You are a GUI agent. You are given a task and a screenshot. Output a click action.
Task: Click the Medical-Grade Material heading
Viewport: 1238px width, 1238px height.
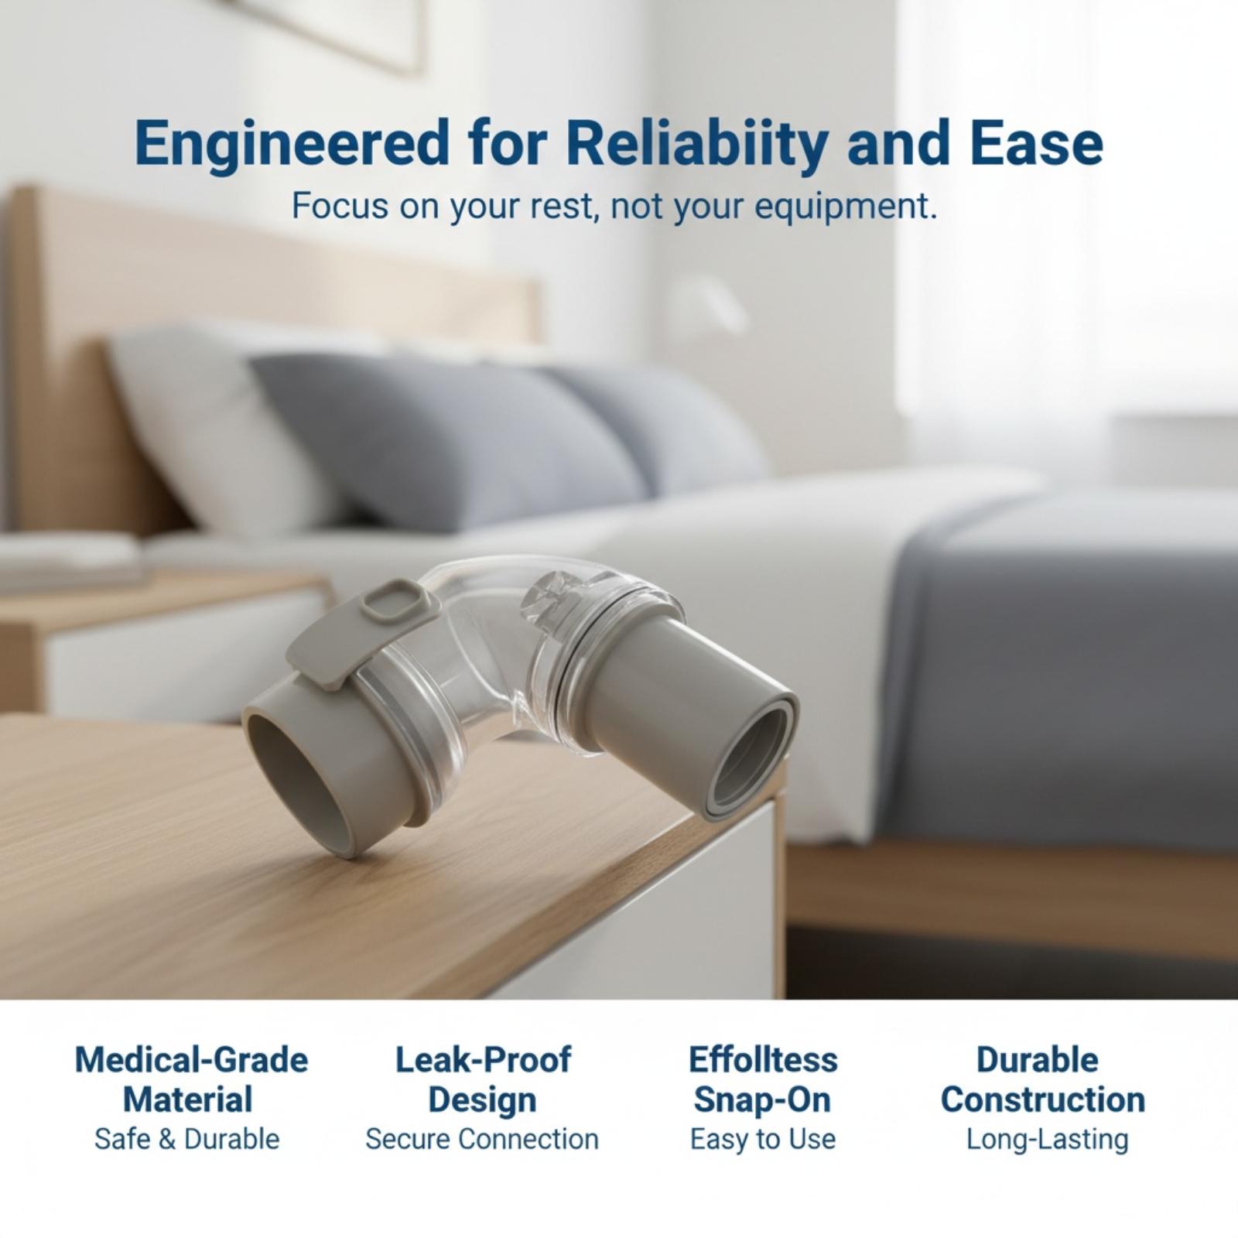coord(191,1080)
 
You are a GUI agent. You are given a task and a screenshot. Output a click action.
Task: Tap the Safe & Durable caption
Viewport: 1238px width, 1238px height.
coord(187,1140)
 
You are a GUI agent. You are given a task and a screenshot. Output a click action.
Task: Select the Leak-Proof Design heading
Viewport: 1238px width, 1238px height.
coord(483,1080)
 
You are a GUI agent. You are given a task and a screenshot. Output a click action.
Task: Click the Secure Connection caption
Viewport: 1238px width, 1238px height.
coord(482,1140)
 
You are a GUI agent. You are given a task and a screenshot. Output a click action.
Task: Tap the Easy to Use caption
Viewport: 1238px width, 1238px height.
coord(763,1140)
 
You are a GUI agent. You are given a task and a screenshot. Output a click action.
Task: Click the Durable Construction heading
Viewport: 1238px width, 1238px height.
coord(1042,1080)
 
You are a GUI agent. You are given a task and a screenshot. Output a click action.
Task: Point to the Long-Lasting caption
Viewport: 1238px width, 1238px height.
coord(1047,1140)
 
